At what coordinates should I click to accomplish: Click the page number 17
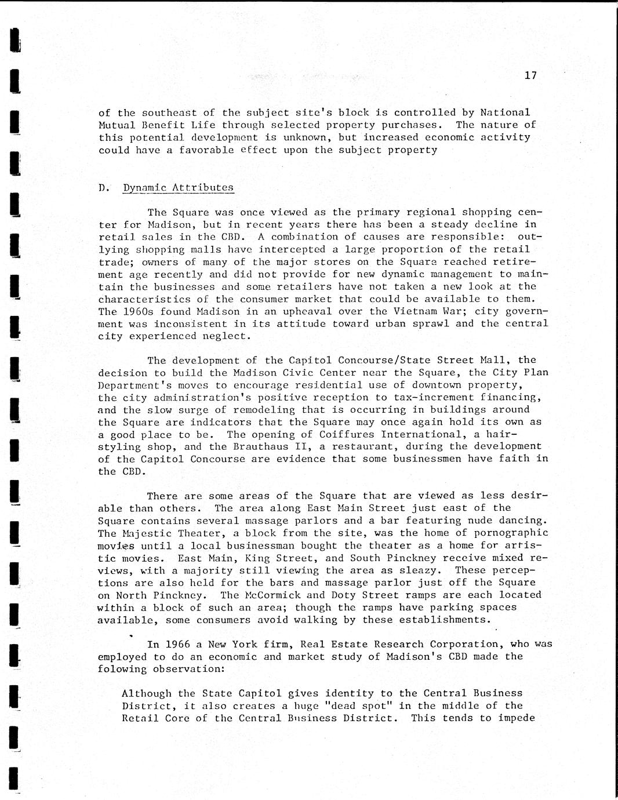(530, 75)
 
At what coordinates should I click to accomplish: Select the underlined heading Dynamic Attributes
(178, 187)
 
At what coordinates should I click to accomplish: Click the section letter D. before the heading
(104, 187)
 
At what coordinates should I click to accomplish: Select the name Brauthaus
(261, 446)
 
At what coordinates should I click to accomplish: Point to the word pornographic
(504, 533)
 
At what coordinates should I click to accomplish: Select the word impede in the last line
(516, 718)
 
